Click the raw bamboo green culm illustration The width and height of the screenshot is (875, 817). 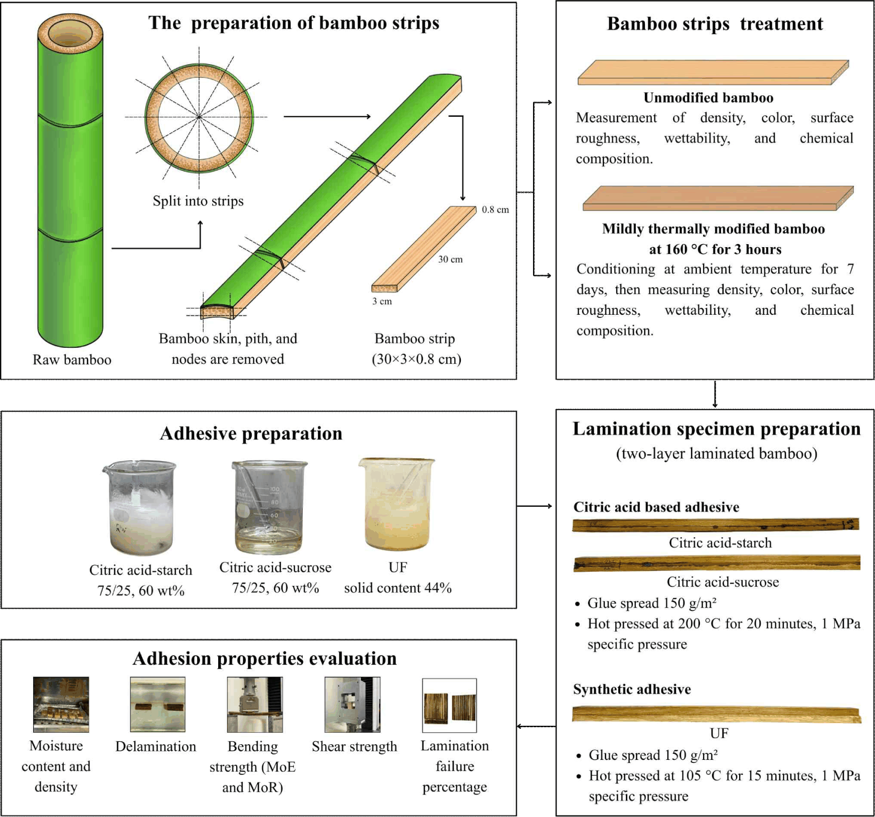[x=70, y=180]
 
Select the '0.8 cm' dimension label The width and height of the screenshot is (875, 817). [x=495, y=210]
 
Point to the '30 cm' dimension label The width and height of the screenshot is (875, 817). [x=450, y=259]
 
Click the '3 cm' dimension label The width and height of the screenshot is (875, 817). [x=382, y=301]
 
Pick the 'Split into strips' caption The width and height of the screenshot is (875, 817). [x=198, y=201]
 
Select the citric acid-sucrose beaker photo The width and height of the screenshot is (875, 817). [x=270, y=507]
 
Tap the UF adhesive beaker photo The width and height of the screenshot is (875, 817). [x=397, y=504]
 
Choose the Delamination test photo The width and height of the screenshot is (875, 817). [x=157, y=704]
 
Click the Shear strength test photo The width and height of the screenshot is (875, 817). [x=352, y=704]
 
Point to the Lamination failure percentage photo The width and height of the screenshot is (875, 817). [x=449, y=705]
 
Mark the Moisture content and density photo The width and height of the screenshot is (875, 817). [x=61, y=704]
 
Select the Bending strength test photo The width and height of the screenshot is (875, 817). [x=255, y=704]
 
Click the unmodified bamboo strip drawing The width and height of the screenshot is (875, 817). [x=713, y=73]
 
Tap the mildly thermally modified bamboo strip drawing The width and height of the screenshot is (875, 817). [x=718, y=198]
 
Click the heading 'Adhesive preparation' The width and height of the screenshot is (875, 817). [x=251, y=434]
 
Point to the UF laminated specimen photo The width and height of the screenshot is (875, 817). [x=717, y=714]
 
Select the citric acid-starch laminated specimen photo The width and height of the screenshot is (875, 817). [x=716, y=525]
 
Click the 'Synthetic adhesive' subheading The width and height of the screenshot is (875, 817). [x=632, y=689]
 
